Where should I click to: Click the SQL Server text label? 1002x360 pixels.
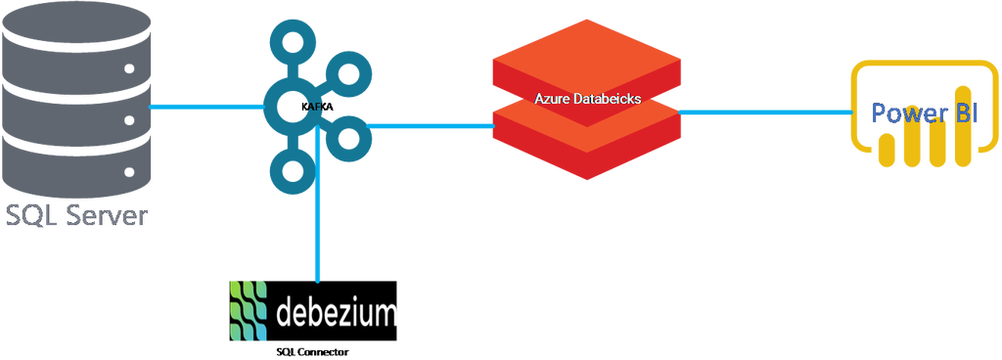point(75,216)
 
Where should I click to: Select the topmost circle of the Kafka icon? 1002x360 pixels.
point(295,45)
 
